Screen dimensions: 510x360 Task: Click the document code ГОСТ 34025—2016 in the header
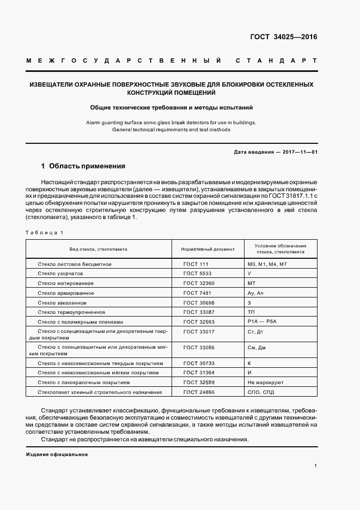point(283,38)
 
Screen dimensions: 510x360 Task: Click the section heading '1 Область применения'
point(83,166)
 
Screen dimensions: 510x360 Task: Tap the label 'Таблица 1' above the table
point(45,233)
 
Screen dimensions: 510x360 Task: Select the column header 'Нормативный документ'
point(208,249)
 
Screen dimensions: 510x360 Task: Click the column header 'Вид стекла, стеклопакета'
point(99,249)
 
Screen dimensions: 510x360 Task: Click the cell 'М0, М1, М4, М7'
point(267,264)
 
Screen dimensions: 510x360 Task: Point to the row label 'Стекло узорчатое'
point(60,274)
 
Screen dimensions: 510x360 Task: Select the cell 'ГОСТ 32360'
point(199,283)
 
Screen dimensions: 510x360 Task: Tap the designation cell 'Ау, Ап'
point(255,293)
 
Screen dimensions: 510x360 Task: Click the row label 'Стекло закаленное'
point(62,302)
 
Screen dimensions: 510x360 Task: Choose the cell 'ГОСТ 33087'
point(199,312)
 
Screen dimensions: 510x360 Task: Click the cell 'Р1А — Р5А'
point(261,322)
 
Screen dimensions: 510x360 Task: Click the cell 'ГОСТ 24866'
point(199,392)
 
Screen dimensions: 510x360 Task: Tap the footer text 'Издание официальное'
point(57,454)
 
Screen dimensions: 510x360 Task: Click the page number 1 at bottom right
point(316,466)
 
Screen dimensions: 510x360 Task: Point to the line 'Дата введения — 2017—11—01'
point(275,151)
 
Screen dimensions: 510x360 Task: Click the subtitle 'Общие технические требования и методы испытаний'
point(172,108)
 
